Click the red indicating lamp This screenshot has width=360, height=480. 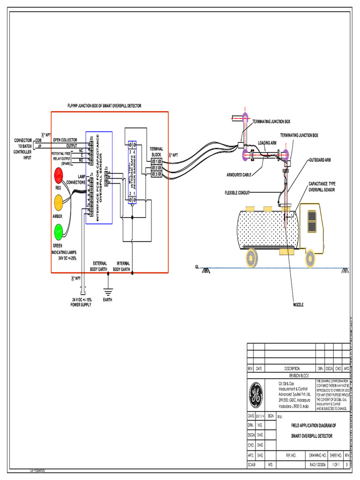click(58, 176)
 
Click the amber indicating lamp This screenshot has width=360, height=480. click(58, 202)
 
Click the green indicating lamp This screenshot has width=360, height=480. click(58, 232)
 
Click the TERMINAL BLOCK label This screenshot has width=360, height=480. click(156, 151)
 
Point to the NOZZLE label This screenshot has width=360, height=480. click(298, 304)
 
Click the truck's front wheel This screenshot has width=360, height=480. click(310, 258)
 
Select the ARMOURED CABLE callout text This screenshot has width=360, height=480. click(240, 175)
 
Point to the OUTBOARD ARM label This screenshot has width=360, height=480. click(320, 160)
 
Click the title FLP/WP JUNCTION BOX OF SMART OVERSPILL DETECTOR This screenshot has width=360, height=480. click(105, 106)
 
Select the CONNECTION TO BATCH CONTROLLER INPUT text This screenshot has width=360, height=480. click(23, 149)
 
